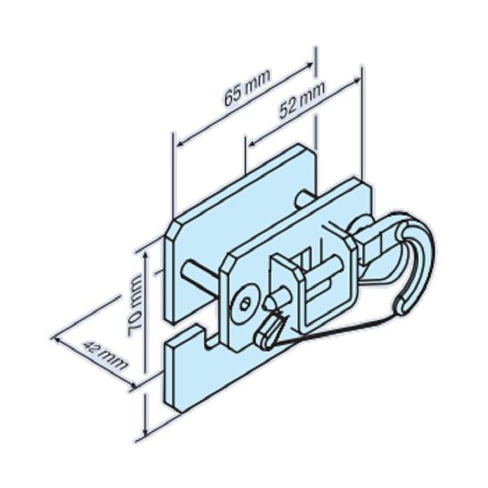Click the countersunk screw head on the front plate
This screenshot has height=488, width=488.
point(244,302)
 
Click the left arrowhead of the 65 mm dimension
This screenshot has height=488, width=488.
point(178,144)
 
